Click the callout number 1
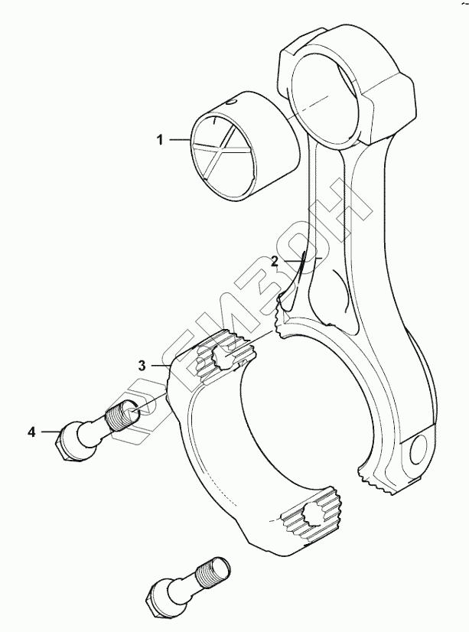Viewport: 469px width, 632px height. click(160, 140)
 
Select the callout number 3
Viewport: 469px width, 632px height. click(142, 366)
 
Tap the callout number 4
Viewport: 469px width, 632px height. click(31, 433)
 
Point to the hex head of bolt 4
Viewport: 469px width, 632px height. click(67, 443)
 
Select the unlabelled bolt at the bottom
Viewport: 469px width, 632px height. click(184, 585)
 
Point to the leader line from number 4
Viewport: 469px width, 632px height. click(47, 433)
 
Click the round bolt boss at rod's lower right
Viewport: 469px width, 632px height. click(422, 451)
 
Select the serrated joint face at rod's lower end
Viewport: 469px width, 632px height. click(382, 482)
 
